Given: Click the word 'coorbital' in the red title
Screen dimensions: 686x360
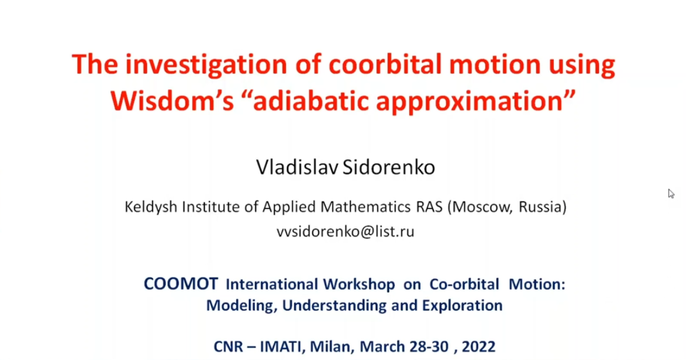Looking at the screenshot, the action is [386, 64].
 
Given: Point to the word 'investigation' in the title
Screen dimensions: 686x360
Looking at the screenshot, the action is [206, 65].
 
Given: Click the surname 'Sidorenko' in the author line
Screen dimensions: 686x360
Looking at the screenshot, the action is [388, 167].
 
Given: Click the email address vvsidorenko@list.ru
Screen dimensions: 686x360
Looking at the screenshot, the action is [345, 231].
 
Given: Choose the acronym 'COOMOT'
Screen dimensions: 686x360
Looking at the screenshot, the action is [181, 284].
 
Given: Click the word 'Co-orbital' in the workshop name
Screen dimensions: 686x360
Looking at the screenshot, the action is [464, 284].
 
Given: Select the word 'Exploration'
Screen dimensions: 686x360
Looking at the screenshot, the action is [462, 305].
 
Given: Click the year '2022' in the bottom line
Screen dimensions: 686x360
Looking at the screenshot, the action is [478, 346].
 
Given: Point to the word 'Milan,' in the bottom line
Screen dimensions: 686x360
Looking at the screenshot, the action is [332, 346].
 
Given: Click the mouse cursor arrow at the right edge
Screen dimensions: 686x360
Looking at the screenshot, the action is [671, 194].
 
